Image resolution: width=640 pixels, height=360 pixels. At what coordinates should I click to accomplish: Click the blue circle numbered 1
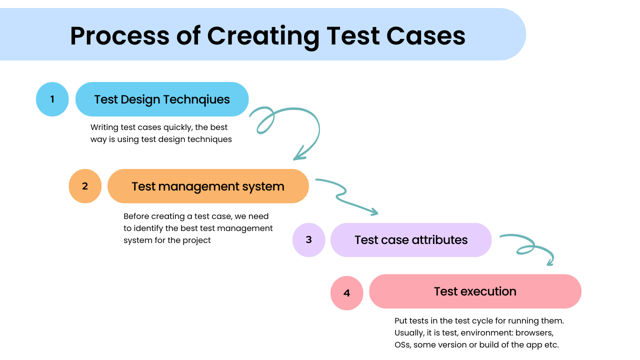pos(52,99)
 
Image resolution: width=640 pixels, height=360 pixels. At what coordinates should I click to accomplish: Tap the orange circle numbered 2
pos(85,186)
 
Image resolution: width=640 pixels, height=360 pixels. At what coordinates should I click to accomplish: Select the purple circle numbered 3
pos(308,239)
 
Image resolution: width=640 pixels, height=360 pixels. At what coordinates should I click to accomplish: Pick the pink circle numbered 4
pos(346,292)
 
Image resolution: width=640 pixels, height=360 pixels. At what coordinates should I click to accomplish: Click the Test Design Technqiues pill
pos(162,99)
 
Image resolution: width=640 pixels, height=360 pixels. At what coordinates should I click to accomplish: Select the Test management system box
pos(208,186)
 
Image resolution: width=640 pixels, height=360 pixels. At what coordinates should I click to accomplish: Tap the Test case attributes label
pos(411,239)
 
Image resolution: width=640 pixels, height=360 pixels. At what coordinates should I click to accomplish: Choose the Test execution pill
pos(475,291)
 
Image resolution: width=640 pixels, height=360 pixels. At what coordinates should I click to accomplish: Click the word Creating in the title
pos(263,36)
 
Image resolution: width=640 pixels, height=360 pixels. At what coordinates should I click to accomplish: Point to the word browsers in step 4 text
pos(535,332)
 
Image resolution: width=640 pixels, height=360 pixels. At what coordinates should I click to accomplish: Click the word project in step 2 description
pos(195,240)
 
